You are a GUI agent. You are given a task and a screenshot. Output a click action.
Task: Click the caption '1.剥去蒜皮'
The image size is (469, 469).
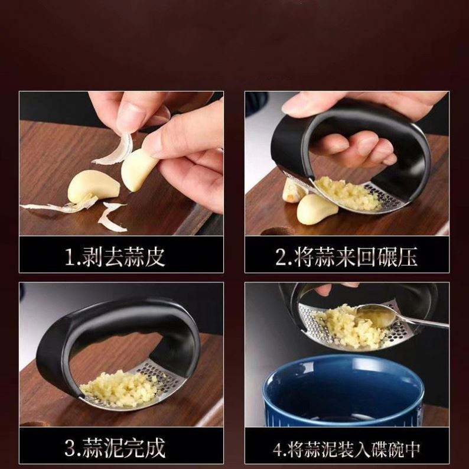(115, 256)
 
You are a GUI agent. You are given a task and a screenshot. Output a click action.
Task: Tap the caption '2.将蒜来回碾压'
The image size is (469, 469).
(346, 256)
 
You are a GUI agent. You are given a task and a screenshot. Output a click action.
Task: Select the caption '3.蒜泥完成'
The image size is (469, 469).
(115, 448)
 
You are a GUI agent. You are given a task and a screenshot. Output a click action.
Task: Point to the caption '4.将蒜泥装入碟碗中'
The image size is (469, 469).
(346, 449)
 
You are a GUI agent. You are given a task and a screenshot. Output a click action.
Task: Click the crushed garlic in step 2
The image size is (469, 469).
(347, 193)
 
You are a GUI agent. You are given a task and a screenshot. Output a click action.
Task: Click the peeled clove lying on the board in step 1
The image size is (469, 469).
(93, 187)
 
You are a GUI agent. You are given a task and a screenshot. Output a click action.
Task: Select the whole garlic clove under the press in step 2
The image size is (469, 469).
(317, 209)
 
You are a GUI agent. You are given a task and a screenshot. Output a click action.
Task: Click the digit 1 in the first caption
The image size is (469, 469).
(69, 257)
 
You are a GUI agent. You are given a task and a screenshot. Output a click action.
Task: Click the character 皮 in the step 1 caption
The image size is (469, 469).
(155, 256)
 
